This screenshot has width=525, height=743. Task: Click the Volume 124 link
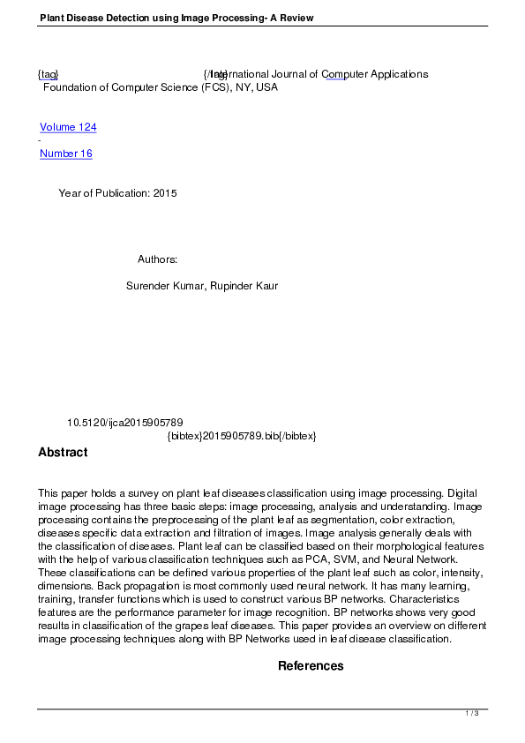[68, 127]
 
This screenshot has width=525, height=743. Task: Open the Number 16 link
[65, 154]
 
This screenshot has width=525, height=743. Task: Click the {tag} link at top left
[48, 74]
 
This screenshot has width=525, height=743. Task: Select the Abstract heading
[63, 453]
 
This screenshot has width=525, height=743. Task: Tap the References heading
[311, 666]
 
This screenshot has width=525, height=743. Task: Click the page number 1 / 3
[472, 713]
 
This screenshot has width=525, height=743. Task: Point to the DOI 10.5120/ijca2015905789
[124, 423]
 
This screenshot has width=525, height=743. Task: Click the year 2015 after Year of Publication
[165, 193]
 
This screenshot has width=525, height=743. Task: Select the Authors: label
[158, 259]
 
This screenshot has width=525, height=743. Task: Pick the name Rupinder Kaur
[244, 286]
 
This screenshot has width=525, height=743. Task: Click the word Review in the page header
[296, 18]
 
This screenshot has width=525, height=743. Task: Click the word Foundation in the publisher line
[71, 87]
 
